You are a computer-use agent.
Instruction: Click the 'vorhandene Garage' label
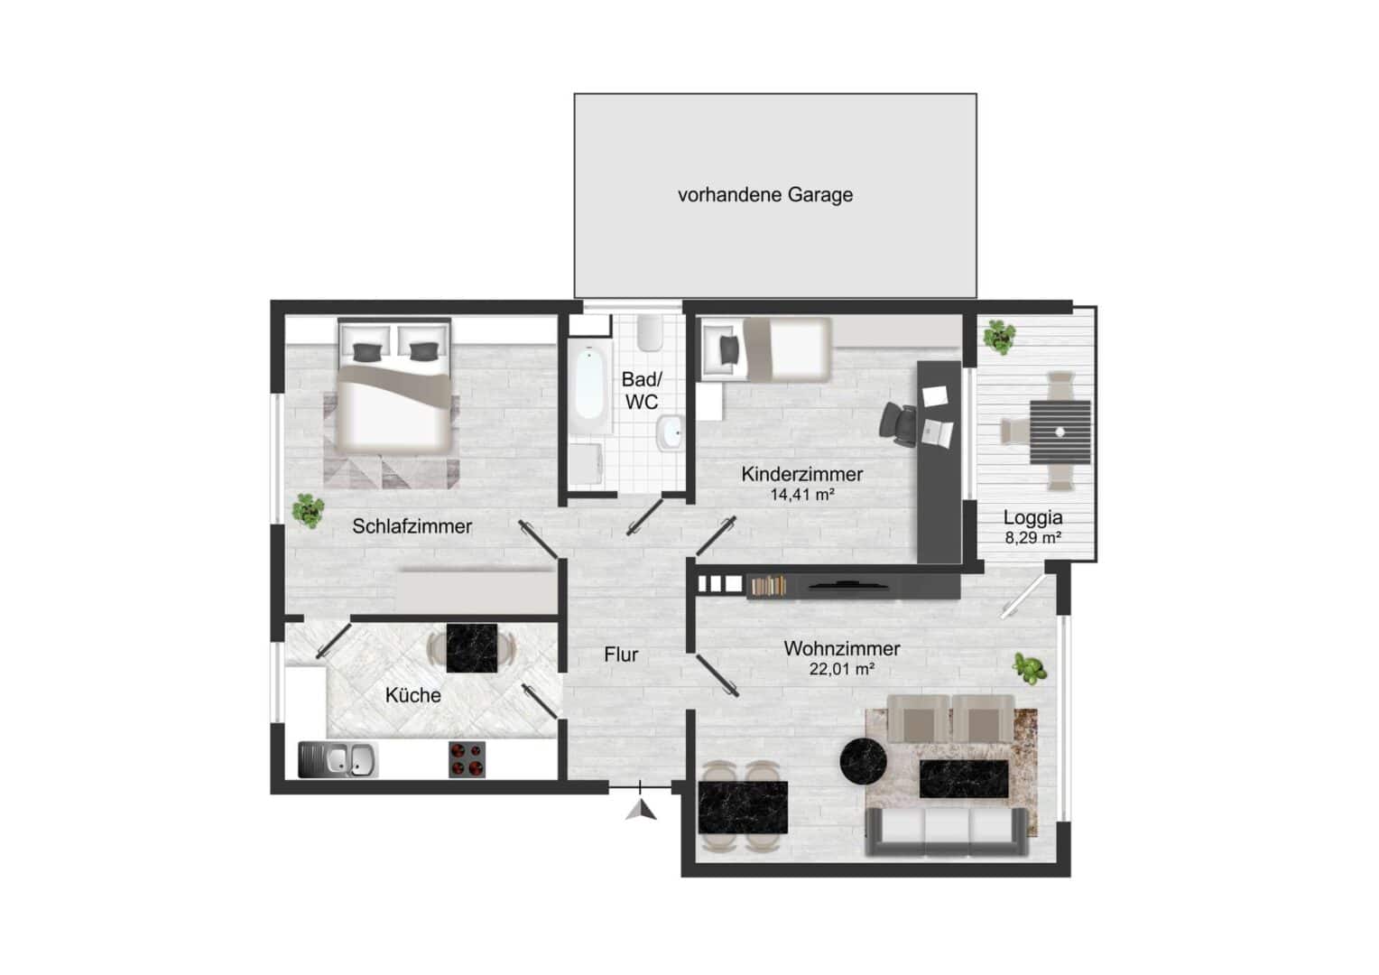764,195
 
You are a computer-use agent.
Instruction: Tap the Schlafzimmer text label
412,526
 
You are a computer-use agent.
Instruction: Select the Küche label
412,695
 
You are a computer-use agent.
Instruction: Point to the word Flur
621,655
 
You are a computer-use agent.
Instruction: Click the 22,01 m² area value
841,670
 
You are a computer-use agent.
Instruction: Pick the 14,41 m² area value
801,495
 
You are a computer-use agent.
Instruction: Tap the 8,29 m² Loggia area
1032,538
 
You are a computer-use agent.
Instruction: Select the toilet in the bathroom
648,335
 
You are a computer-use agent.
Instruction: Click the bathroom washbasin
669,434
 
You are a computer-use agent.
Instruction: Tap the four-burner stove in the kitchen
467,759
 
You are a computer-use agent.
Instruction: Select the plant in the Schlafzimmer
308,509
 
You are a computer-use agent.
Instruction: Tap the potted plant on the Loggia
999,337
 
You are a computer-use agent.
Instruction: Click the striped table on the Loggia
1060,432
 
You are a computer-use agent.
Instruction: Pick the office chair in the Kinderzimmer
899,423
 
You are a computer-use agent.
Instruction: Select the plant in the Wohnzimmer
1029,669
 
